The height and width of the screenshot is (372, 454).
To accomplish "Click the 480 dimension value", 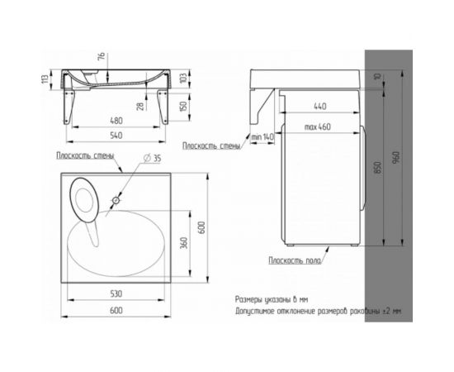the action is [x=116, y=121].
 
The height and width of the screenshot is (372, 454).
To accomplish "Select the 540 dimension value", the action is [x=116, y=136].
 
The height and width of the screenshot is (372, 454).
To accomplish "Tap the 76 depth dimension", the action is [x=102, y=57].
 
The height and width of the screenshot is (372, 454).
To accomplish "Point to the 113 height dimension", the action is [x=45, y=79].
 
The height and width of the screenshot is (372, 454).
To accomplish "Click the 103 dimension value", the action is [x=182, y=78].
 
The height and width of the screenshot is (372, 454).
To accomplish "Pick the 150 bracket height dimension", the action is [x=182, y=106].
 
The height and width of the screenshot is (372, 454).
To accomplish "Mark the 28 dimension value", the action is [x=140, y=106].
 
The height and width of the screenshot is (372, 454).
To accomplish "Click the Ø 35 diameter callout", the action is [x=153, y=158].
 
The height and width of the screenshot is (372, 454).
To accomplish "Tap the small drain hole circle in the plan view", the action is [x=116, y=200].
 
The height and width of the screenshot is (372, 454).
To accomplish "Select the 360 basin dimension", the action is [x=184, y=243].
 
